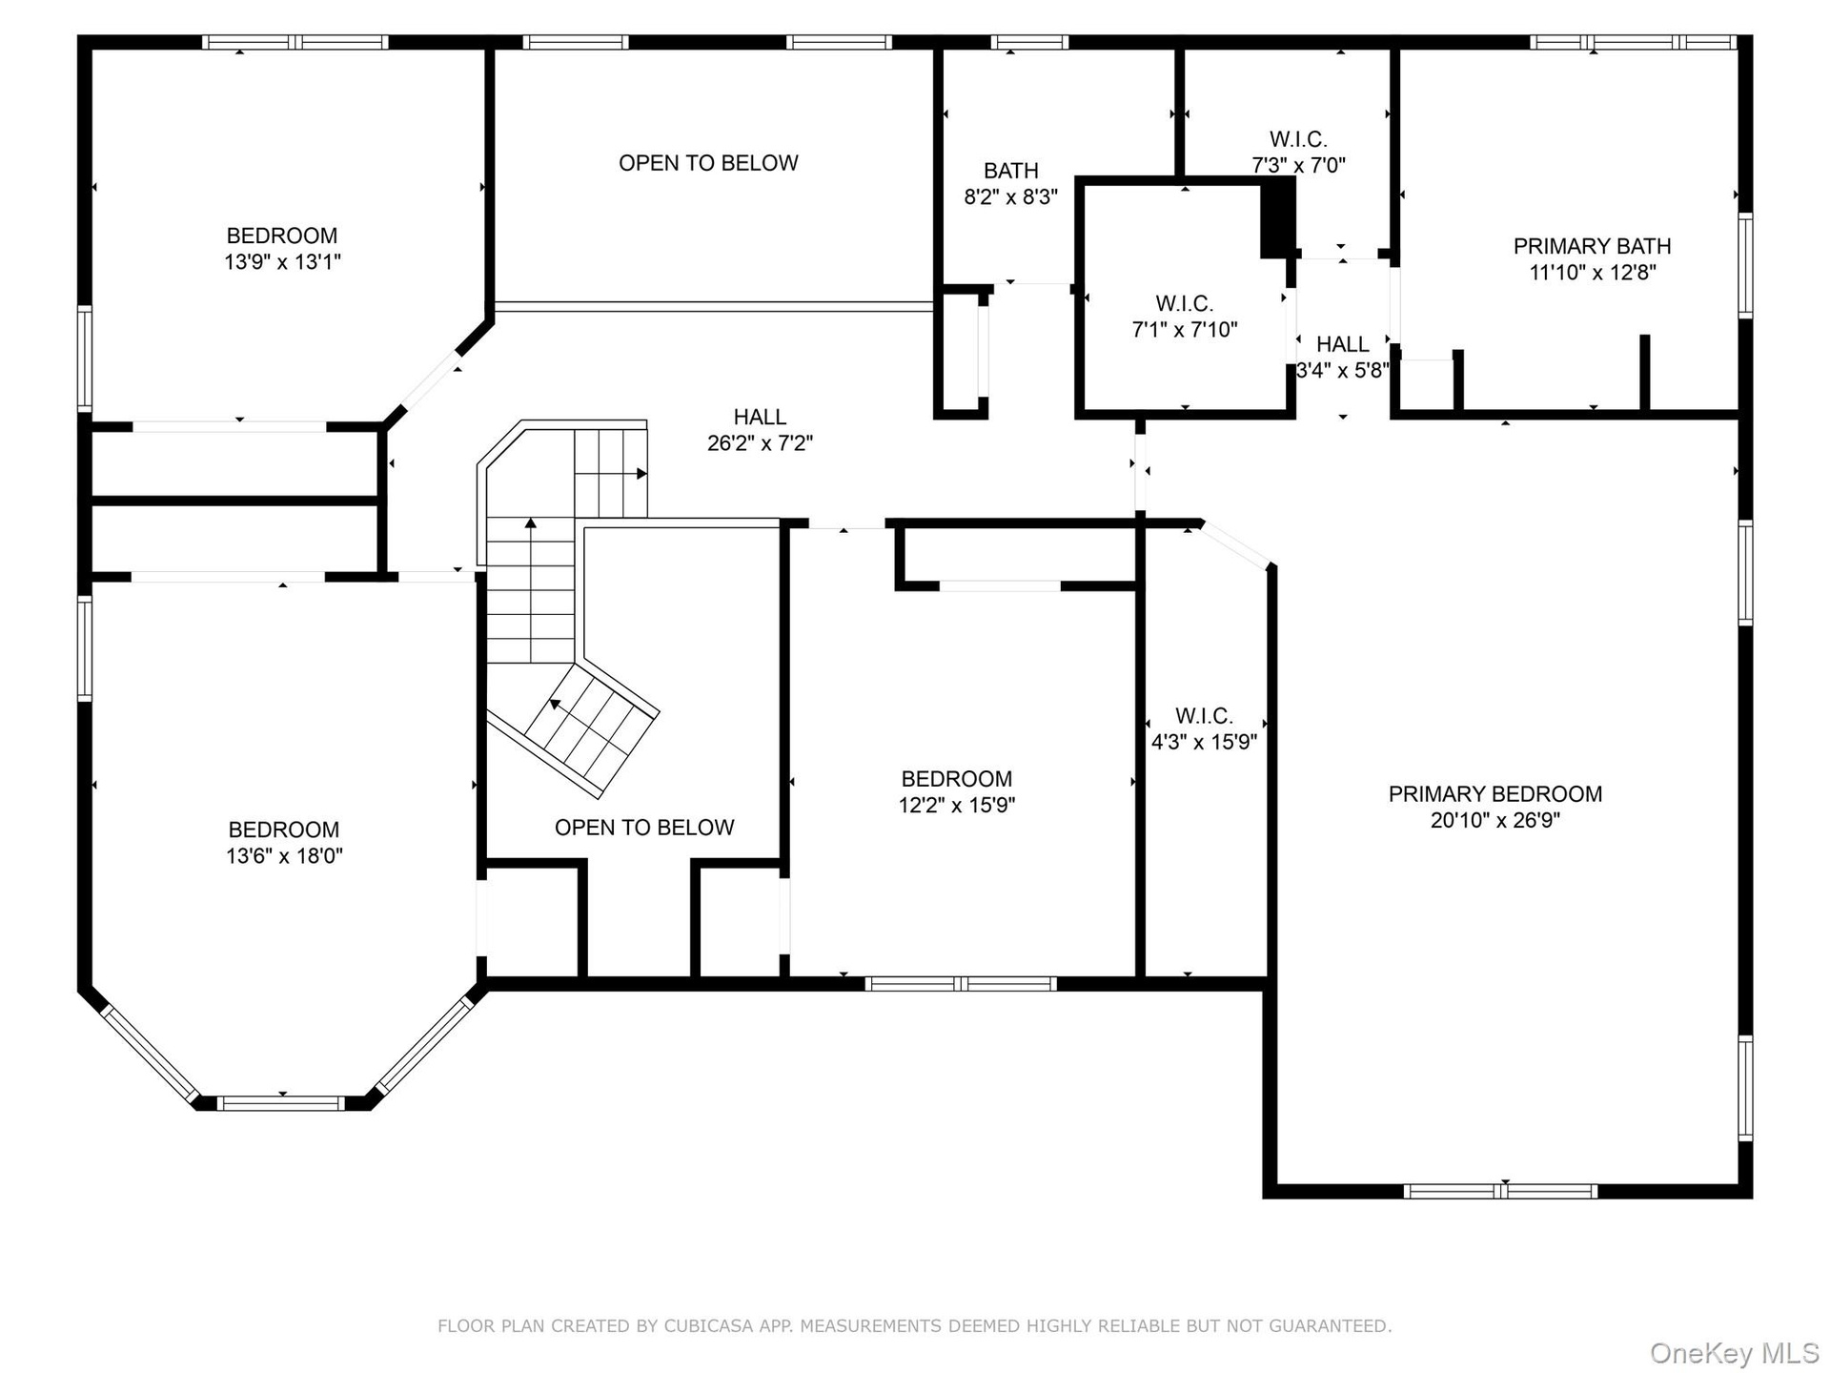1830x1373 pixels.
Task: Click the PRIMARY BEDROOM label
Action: [x=1494, y=793]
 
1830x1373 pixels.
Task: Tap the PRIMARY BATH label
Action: [x=1592, y=246]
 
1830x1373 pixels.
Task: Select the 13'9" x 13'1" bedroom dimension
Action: [x=282, y=261]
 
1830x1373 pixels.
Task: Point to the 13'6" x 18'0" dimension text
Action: [x=284, y=855]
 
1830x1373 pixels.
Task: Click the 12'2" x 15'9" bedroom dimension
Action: [x=956, y=805]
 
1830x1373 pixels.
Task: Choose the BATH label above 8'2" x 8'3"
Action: [x=1010, y=171]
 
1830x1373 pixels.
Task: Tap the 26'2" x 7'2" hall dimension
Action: [x=760, y=442]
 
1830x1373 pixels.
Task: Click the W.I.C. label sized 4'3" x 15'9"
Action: [x=1204, y=715]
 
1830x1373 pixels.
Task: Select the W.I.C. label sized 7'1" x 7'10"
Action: [x=1184, y=303]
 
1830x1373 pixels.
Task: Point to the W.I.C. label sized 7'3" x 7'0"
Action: [x=1298, y=139]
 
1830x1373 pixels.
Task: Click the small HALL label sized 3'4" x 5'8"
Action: [x=1342, y=344]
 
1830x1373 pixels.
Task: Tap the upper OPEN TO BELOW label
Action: [x=708, y=163]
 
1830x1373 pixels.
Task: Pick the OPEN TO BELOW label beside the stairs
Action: [x=644, y=828]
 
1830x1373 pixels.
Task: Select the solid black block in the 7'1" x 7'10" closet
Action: [x=1277, y=218]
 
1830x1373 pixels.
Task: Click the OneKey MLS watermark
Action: [x=1735, y=1353]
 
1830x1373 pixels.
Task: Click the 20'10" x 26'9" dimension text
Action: [x=1494, y=820]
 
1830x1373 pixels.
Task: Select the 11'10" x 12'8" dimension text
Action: [x=1592, y=273]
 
